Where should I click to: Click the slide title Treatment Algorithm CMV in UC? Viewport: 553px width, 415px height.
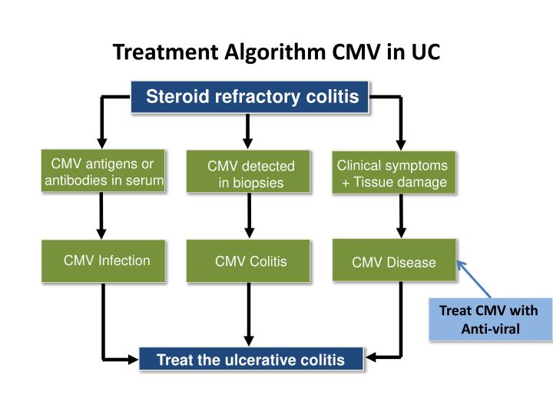(276, 52)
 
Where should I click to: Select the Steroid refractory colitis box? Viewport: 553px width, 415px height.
(252, 97)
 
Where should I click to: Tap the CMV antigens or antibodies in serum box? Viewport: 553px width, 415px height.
(103, 172)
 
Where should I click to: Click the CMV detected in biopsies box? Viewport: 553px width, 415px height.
(249, 173)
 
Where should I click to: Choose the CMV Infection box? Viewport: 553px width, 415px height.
(103, 261)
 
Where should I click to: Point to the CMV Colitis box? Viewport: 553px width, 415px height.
(249, 261)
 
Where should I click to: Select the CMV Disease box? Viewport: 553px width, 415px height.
(394, 262)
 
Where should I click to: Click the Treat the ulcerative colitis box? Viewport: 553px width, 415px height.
(251, 359)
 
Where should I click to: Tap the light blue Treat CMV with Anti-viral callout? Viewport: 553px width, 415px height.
(489, 319)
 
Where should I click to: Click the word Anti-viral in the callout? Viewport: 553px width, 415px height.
(490, 329)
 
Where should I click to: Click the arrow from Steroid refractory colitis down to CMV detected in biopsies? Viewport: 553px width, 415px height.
(247, 131)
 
